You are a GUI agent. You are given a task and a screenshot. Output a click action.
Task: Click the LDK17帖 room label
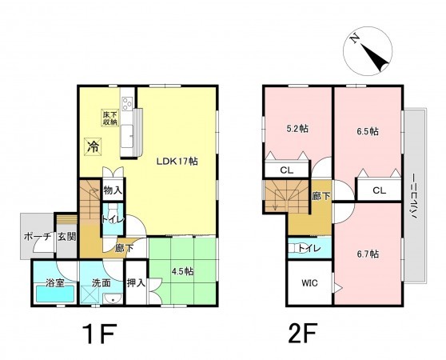coord(177,162)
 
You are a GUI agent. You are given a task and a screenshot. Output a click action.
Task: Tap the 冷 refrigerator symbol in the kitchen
coord(93,146)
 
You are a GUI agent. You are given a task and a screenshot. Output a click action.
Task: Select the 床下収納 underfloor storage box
coord(110,118)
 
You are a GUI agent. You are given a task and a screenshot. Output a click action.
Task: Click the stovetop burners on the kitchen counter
coord(127,103)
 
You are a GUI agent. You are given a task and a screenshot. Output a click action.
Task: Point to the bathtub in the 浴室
coord(55,294)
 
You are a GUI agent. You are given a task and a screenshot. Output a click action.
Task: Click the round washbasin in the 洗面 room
coord(113,299)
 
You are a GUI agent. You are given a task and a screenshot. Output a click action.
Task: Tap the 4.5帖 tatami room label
coord(182,271)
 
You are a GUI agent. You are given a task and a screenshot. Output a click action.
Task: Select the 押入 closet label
coord(136,283)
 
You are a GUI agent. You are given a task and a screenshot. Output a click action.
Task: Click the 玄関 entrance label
coord(67,237)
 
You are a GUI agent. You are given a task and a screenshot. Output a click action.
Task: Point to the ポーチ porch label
coord(38,237)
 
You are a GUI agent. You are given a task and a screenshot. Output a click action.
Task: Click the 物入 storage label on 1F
coord(113,190)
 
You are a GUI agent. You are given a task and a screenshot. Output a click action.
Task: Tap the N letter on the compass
coord(354,38)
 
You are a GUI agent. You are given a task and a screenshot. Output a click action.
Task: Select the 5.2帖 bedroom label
coord(297,129)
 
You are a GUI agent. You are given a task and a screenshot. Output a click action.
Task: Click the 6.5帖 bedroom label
coord(368,131)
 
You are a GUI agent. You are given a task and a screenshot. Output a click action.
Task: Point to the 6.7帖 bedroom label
coord(368,254)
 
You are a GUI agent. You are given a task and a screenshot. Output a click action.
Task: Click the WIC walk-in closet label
coord(310,283)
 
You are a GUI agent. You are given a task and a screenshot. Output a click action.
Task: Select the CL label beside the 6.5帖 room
coord(380,190)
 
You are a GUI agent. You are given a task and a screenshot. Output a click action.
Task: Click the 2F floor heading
coord(302,334)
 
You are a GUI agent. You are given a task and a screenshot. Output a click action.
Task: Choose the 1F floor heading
coord(100,334)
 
